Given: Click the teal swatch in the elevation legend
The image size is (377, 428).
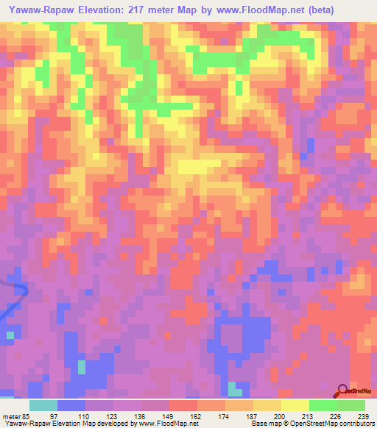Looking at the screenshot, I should [x=43, y=405].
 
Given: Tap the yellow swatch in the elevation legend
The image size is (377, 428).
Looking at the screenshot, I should [x=295, y=405].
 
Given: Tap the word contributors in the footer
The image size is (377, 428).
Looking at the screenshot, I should [x=353, y=424].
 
